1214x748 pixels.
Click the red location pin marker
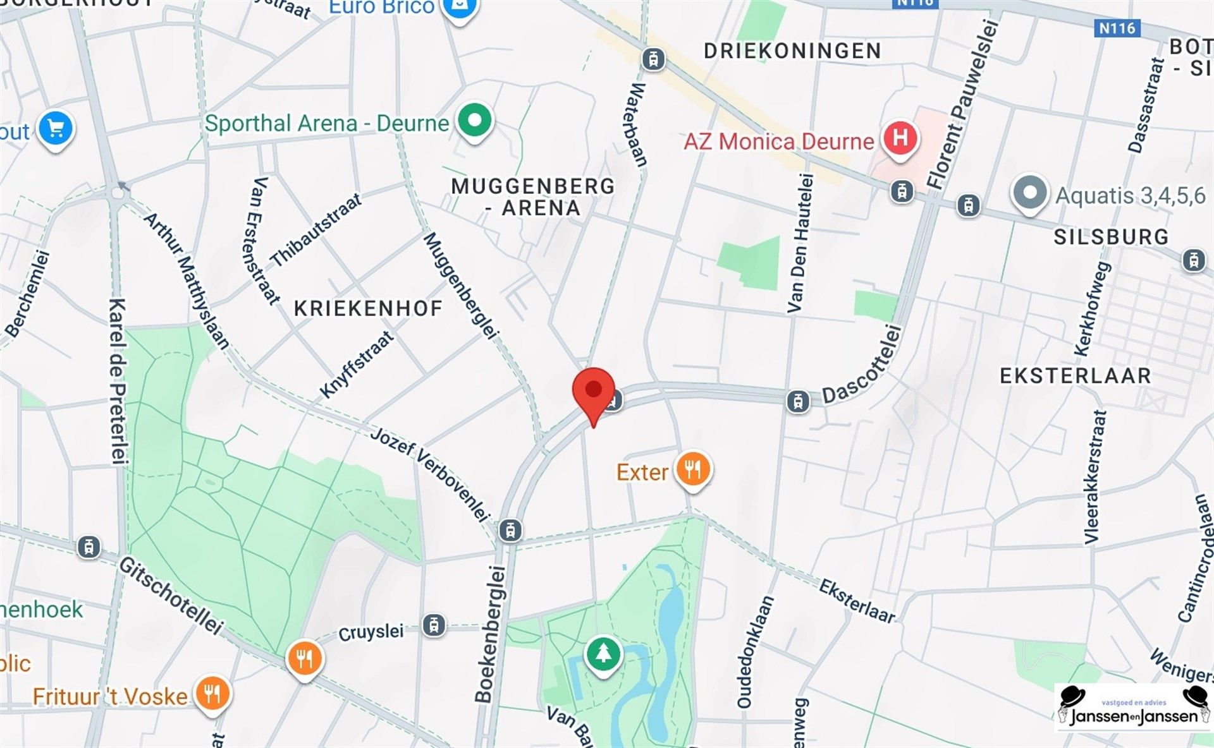coord(593,390)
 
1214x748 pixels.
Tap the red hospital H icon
coord(900,137)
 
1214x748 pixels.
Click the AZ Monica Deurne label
coord(778,141)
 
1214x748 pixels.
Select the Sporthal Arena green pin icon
coord(474,119)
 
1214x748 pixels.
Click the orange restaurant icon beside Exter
coord(692,469)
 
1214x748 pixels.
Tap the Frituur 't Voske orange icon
coord(212,694)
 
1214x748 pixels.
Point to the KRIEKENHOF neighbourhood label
coord(368,308)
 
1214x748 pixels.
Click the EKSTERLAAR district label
coord(1075,376)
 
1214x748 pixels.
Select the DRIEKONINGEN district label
coord(792,51)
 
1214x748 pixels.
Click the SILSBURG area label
coord(1111,237)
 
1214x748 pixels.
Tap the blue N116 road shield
coord(1117,28)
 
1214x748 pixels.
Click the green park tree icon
coord(603,653)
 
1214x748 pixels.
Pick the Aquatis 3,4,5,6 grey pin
coord(1029,192)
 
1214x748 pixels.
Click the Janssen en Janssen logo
coord(1134,708)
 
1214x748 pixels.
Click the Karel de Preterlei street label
coord(118,381)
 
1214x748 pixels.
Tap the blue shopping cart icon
coord(56,128)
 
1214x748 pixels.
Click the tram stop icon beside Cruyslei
coord(434,625)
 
